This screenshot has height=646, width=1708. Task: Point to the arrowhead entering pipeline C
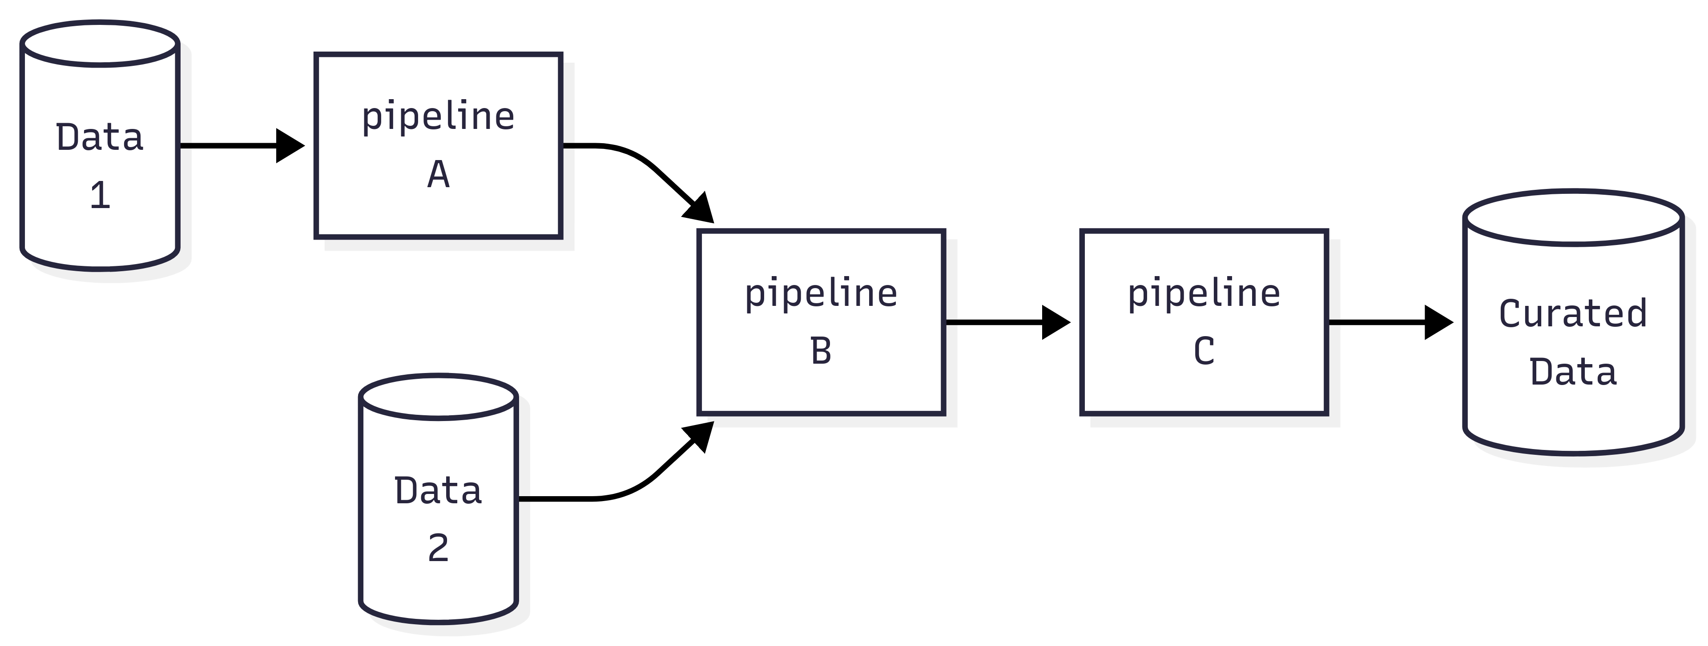(x=1055, y=323)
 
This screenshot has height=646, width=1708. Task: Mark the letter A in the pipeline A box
(x=438, y=175)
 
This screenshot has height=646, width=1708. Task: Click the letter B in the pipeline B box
(x=821, y=351)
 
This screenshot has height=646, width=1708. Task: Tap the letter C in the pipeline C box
(x=1204, y=351)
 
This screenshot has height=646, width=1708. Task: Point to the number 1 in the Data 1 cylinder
(x=100, y=196)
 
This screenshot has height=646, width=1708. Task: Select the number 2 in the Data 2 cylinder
(x=438, y=549)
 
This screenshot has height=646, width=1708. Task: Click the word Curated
(x=1573, y=313)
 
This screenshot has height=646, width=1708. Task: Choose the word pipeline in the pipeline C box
(x=1204, y=293)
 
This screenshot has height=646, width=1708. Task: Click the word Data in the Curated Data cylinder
(x=1573, y=372)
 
